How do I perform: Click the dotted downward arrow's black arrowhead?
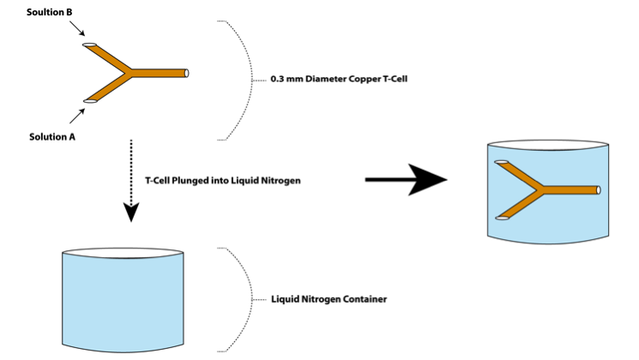[x=131, y=212]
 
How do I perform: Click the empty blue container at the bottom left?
[x=124, y=300]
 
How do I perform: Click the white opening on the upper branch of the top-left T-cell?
[x=88, y=44]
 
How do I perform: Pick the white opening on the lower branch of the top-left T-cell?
[x=88, y=101]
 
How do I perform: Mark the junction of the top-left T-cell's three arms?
[x=129, y=73]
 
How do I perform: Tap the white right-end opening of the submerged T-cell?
[x=600, y=189]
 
